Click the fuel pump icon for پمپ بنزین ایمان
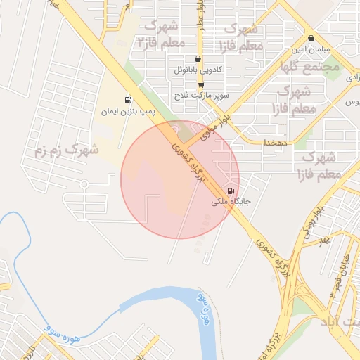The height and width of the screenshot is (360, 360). (x=127, y=100)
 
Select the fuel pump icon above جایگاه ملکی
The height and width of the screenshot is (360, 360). (x=231, y=191)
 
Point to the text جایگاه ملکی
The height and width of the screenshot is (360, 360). (x=230, y=202)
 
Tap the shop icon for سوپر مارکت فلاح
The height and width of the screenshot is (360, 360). (x=201, y=84)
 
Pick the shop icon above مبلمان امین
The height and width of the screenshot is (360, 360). (x=311, y=39)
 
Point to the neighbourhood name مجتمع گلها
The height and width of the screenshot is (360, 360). (x=309, y=67)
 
